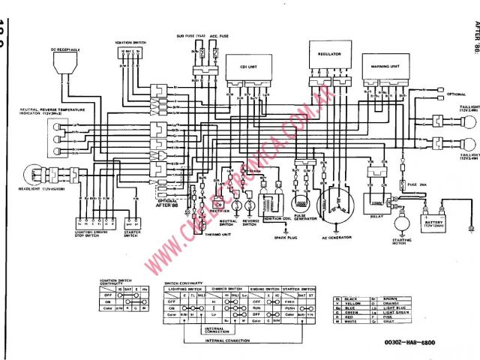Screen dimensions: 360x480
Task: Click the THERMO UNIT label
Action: (199, 234)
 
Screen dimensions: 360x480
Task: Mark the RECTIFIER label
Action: (220, 211)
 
